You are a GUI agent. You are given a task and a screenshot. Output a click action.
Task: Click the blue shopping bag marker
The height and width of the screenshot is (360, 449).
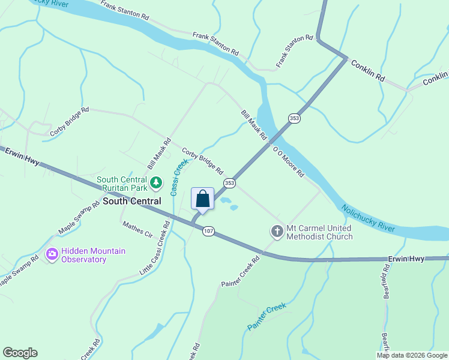click(x=203, y=199)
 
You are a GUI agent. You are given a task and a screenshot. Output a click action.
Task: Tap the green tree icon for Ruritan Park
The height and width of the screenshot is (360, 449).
click(x=156, y=181)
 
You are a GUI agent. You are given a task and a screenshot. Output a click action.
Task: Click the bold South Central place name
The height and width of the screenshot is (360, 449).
click(x=132, y=201)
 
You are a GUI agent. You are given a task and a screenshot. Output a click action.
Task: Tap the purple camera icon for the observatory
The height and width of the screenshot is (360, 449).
click(x=52, y=255)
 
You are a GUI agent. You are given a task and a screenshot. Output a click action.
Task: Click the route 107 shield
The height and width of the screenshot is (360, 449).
click(x=208, y=231)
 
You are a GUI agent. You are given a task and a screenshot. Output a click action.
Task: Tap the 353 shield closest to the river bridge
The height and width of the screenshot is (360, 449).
click(x=294, y=119)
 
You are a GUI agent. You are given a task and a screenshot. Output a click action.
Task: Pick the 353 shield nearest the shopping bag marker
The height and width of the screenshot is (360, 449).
click(x=229, y=182)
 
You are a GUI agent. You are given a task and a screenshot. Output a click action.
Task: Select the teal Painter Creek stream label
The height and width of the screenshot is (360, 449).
click(x=267, y=317)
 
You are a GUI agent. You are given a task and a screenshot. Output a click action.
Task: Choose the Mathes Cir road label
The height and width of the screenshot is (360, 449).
click(x=137, y=229)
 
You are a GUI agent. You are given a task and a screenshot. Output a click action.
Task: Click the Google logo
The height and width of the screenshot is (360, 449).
click(x=20, y=353)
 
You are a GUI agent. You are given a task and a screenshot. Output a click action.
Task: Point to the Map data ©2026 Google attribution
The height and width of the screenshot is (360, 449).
click(x=412, y=355)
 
